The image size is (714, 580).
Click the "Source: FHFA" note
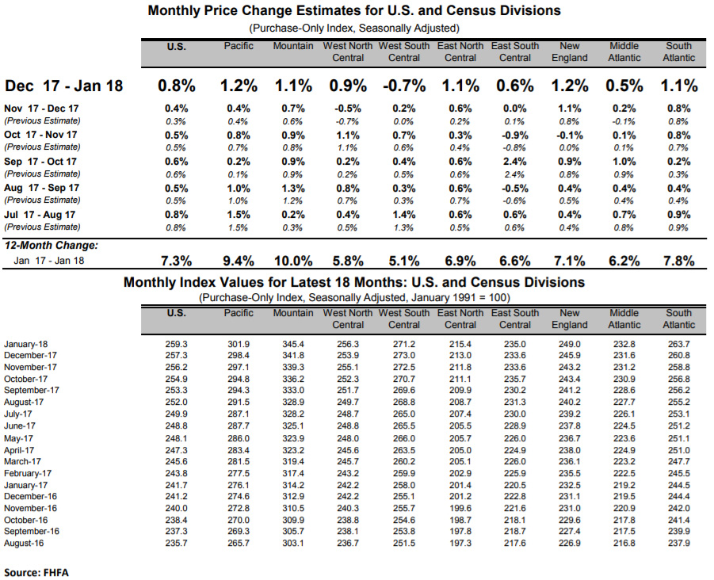[x=36, y=572]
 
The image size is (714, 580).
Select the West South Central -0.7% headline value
[x=404, y=86]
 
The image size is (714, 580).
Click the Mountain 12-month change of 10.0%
[x=293, y=261]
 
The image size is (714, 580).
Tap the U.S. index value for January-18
[x=176, y=344]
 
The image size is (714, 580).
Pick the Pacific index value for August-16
[x=239, y=543]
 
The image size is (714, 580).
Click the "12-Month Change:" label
[x=51, y=246]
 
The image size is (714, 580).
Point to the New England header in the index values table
[x=570, y=319]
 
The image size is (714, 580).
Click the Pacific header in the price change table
[x=239, y=46]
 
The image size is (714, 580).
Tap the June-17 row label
[x=20, y=425]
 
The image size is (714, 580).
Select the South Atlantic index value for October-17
[x=678, y=379]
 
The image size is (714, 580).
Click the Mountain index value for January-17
[x=293, y=485]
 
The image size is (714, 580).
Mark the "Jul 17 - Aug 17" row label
[x=40, y=215]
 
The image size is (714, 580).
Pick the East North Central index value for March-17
[x=460, y=461]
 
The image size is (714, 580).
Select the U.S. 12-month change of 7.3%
[x=176, y=261]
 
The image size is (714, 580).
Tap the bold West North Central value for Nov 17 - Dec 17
[x=348, y=109]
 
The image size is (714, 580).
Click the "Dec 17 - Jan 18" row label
[x=63, y=86]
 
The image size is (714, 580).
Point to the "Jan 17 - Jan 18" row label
[x=48, y=261]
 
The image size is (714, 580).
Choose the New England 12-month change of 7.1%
[x=570, y=261]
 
